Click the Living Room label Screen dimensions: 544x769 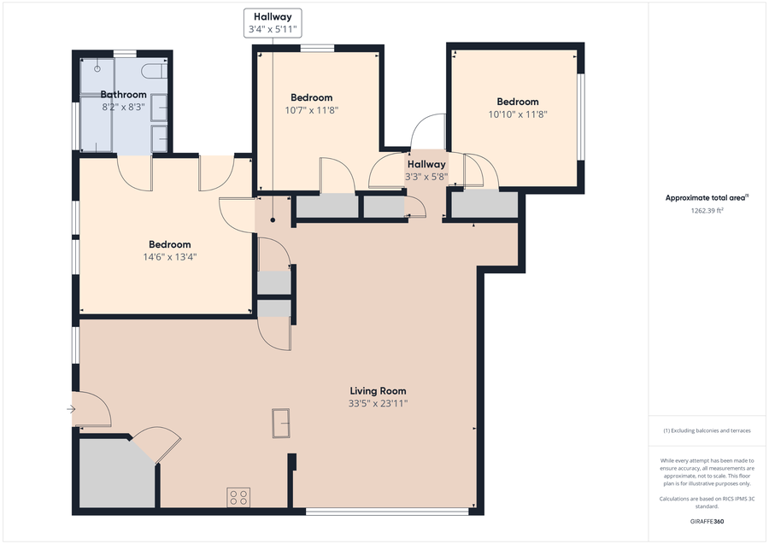378,391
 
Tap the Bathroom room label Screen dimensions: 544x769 124,95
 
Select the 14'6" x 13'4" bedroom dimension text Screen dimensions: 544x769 169,257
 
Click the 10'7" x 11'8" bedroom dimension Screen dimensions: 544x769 311,110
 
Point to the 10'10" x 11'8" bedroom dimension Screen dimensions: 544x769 518,114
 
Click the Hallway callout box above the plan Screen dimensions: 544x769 273,21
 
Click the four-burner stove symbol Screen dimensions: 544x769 238,497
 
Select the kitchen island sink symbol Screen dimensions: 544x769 281,423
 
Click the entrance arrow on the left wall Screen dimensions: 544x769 71,410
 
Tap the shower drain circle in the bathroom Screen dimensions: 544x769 97,68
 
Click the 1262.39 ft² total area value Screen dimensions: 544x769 707,209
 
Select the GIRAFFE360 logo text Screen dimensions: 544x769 707,521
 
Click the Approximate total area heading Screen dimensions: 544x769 707,197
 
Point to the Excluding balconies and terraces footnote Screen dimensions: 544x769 707,430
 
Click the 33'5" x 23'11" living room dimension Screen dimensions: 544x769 378,403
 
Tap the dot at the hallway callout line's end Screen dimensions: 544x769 273,219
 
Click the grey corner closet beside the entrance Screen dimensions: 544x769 115,474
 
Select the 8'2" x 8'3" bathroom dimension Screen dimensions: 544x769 124,108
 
